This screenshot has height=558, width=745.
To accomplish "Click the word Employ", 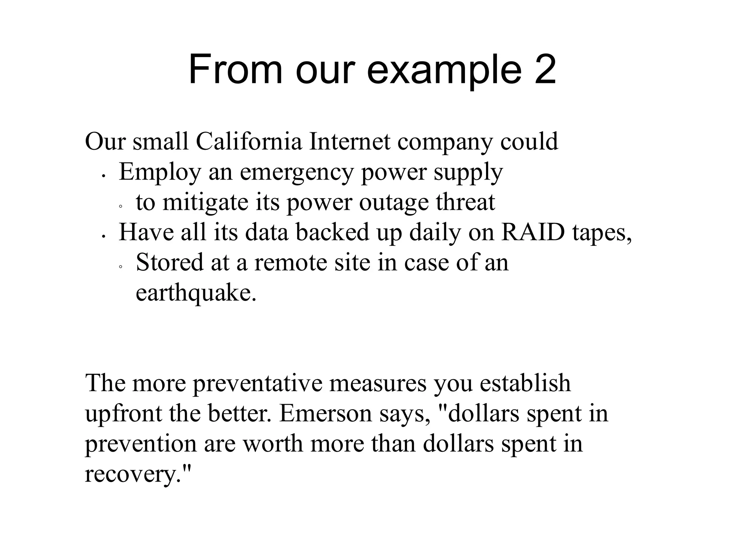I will coord(160,173).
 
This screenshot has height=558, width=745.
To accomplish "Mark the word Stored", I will coord(170,262).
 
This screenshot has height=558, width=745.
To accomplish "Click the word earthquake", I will coord(196,293).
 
